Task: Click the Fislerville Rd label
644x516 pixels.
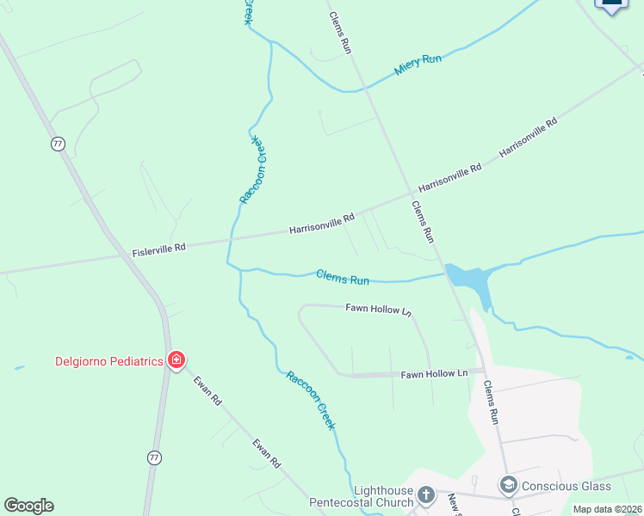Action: [x=158, y=249]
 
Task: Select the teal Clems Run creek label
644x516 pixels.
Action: [x=342, y=277]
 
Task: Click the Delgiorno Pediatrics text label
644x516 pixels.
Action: [x=108, y=361]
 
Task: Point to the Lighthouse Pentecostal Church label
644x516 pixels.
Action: [x=362, y=496]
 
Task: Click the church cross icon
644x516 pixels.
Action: [x=426, y=494]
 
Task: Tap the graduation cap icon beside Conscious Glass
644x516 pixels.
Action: [x=508, y=485]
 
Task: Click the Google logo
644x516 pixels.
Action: [x=28, y=506]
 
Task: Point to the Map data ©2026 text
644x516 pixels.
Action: [x=607, y=509]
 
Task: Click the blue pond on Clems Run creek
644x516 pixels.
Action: [x=468, y=279]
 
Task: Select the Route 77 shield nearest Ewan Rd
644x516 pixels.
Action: [x=154, y=458]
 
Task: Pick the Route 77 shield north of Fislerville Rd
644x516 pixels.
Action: [x=58, y=144]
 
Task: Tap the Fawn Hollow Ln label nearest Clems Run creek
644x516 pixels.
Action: [x=379, y=308]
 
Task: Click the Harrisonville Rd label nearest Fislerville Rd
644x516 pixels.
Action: [x=322, y=224]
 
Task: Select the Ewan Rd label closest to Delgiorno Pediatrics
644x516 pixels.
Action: [x=207, y=390]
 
